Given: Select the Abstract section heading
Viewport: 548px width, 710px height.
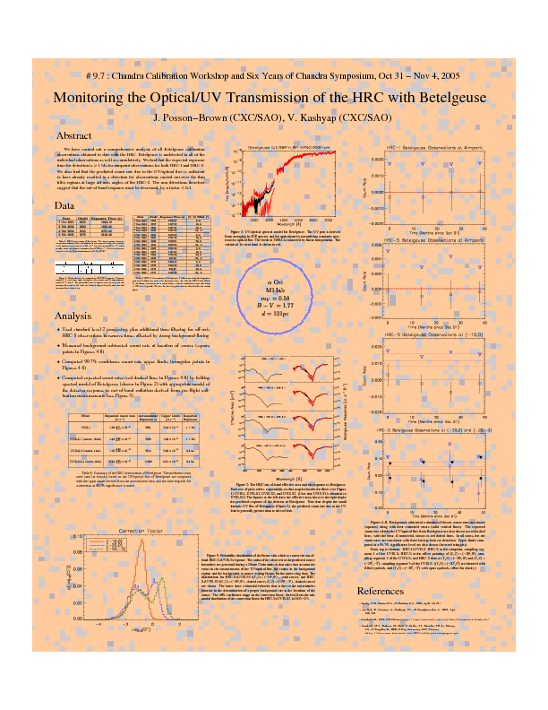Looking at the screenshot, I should pos(74,135).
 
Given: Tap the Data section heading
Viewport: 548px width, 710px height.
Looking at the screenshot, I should pos(64,206).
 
